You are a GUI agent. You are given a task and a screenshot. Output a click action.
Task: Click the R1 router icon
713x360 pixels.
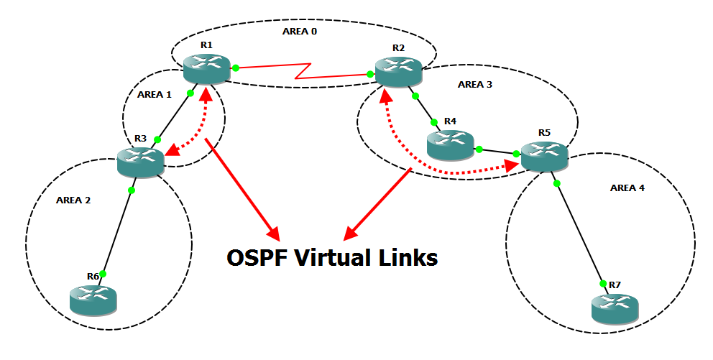206,68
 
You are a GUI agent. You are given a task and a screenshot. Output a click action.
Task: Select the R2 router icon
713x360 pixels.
397,70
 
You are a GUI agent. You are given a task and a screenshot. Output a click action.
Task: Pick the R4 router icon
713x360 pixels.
450,144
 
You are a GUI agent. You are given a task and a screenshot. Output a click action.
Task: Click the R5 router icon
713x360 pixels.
544,155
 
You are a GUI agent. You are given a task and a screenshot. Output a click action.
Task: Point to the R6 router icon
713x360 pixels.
93,298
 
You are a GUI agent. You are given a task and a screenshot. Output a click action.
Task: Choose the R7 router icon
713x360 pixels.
614,307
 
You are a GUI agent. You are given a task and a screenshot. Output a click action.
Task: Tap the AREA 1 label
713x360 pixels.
154,94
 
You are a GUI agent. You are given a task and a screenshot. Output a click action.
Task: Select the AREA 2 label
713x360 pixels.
73,200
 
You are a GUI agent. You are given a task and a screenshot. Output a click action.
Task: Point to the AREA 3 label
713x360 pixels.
475,84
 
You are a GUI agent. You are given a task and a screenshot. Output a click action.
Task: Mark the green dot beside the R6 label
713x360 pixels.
103,274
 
